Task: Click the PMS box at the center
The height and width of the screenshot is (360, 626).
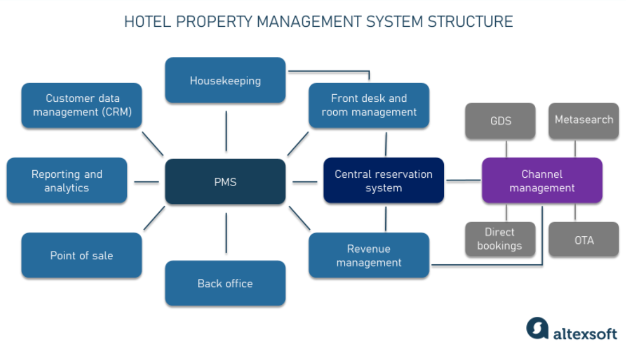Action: [225, 182]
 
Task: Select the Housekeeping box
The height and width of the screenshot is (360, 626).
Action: [225, 80]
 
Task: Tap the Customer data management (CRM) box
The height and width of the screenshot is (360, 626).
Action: [82, 105]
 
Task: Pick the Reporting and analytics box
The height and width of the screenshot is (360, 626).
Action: [67, 181]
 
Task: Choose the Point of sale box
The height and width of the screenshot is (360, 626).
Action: [82, 256]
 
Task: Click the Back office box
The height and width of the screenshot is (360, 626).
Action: [225, 283]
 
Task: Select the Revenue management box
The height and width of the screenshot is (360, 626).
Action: [369, 256]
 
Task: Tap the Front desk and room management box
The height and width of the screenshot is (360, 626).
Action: [369, 105]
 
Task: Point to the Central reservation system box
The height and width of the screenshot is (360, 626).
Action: [383, 181]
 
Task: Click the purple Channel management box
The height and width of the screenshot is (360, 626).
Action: [542, 181]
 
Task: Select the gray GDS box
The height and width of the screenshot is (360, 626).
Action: [500, 120]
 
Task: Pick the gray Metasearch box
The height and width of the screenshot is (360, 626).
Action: [583, 120]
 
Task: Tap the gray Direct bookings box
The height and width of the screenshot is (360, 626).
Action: [499, 239]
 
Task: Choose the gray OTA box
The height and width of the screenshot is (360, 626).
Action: [583, 240]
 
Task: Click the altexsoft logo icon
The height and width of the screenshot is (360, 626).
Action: [537, 328]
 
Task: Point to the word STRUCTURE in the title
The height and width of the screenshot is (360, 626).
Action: [470, 22]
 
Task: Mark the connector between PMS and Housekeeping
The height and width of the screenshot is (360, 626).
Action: [225, 131]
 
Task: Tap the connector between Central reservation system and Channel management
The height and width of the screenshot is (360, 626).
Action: [463, 181]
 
